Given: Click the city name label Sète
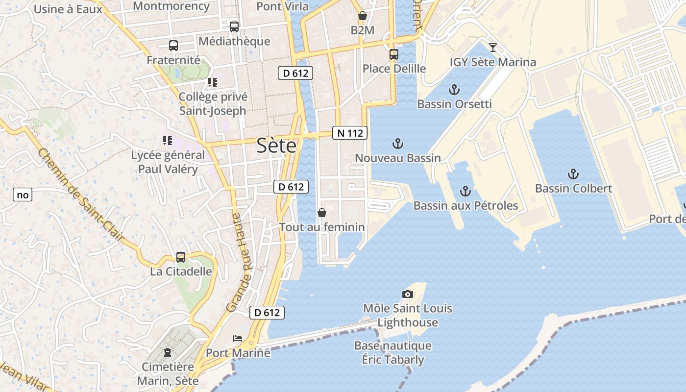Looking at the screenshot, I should (276, 146).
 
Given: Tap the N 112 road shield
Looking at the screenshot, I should (350, 133).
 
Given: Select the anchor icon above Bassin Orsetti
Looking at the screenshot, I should (454, 90).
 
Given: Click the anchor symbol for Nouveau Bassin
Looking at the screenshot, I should (398, 144).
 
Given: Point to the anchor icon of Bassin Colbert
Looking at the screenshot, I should (573, 174).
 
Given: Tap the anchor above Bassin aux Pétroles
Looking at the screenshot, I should (465, 191).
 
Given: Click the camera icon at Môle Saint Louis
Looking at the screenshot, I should (407, 294).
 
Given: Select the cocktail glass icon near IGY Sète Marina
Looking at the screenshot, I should (493, 48).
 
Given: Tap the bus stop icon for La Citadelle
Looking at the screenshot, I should (181, 257).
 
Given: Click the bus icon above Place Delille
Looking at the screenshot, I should (394, 54).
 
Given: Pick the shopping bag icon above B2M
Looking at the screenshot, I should (363, 16).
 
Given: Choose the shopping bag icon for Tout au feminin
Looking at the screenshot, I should (322, 213).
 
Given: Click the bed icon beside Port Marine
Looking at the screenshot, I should (238, 338).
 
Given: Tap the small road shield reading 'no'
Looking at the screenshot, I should (23, 195).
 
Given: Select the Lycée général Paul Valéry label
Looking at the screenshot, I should (168, 162).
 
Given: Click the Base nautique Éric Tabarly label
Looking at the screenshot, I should (393, 352).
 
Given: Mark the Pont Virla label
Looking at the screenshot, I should (283, 6).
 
